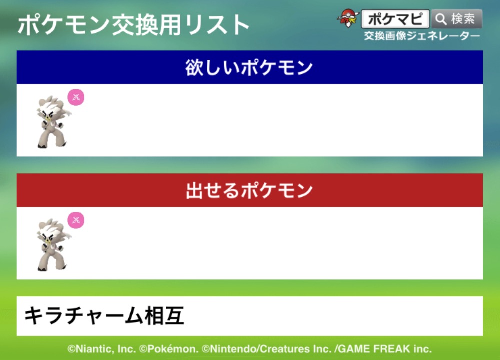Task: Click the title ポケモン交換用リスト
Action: [134, 25]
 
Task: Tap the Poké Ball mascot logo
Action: [348, 18]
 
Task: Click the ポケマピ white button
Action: [395, 19]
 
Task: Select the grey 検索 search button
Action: [457, 19]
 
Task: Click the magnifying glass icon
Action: [441, 19]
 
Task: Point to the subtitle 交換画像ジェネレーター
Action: [422, 36]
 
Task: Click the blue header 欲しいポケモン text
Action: [249, 67]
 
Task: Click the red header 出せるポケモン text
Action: [249, 190]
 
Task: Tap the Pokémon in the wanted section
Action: [53, 122]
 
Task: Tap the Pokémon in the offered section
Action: [53, 245]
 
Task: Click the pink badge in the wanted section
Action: [76, 97]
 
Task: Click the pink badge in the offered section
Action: [76, 220]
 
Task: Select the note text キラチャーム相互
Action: [104, 316]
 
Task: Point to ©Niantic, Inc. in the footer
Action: [101, 349]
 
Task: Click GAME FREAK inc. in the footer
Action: [385, 349]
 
